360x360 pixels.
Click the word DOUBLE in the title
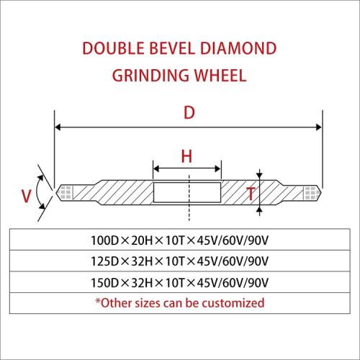point(114,48)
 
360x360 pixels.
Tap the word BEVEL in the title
point(172,48)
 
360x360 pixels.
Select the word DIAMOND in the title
point(238,48)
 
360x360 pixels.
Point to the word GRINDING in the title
point(150,76)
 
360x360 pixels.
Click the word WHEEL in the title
point(220,76)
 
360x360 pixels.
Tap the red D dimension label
point(189,112)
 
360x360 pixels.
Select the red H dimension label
point(186,156)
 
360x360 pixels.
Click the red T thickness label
point(251,194)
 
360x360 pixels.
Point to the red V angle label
point(26,196)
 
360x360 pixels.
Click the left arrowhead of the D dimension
point(58,127)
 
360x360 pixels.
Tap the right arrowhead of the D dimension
point(319,127)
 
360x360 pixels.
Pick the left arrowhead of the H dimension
point(156,168)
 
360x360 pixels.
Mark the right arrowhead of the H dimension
point(218,168)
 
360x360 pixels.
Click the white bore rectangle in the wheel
point(187,192)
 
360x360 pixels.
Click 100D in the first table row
point(105,240)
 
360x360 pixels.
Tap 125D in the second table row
point(105,261)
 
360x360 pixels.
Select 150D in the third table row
point(105,283)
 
